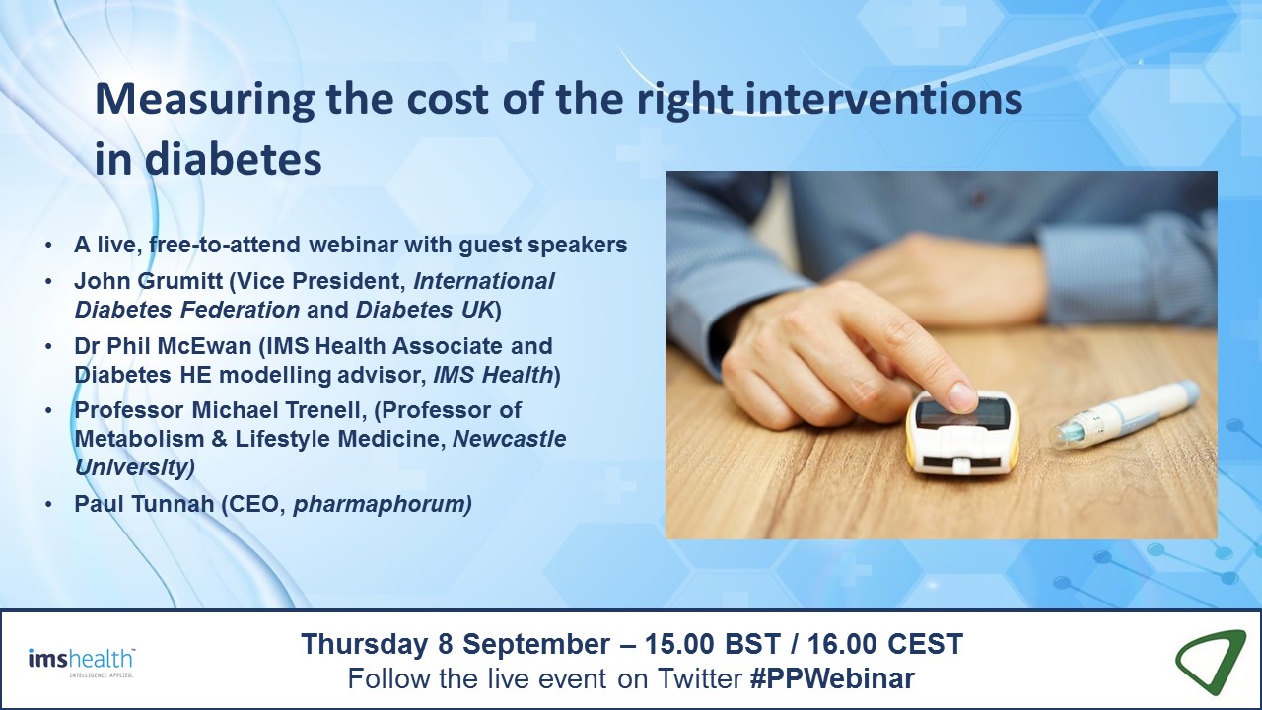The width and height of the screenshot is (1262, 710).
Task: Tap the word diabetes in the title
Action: click(x=234, y=160)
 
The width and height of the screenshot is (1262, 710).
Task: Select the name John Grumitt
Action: click(x=148, y=281)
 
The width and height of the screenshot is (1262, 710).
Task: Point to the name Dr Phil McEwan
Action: click(x=163, y=345)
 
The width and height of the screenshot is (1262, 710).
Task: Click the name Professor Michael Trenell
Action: click(x=217, y=409)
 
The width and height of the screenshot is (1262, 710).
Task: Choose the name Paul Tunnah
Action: click(x=144, y=503)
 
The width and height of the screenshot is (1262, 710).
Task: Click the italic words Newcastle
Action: click(x=510, y=439)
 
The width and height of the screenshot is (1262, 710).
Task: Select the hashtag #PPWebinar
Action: click(x=833, y=678)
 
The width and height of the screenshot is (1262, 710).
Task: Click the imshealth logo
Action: click(x=82, y=662)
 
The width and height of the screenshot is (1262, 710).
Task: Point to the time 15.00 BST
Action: click(x=713, y=644)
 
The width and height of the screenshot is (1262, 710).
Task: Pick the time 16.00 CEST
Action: click(x=885, y=644)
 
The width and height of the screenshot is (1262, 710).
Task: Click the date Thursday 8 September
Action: click(x=456, y=644)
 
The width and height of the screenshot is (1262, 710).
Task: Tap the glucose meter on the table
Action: click(x=962, y=431)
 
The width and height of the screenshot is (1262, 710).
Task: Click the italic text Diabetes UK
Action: click(x=425, y=310)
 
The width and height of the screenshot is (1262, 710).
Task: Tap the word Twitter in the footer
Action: click(x=699, y=678)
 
